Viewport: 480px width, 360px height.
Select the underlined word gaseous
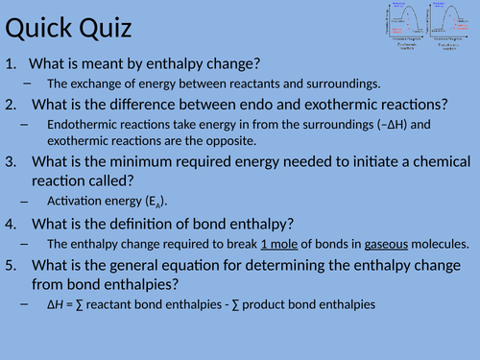pyautogui.click(x=362, y=244)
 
